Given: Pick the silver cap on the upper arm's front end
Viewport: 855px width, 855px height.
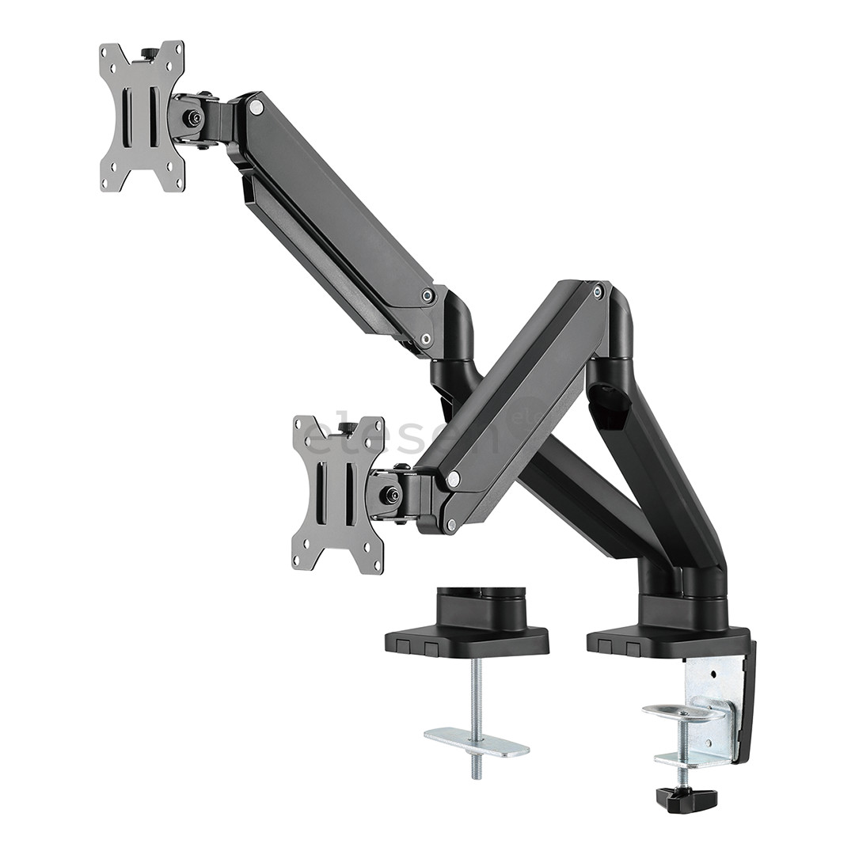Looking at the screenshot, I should (256, 107).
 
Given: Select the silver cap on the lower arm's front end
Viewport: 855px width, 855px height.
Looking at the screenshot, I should (454, 479).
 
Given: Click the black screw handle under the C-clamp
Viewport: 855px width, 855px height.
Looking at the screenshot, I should (686, 800).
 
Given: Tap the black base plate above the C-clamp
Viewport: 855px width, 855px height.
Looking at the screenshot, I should (669, 640).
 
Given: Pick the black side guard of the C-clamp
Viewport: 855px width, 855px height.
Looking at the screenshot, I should (746, 705).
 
